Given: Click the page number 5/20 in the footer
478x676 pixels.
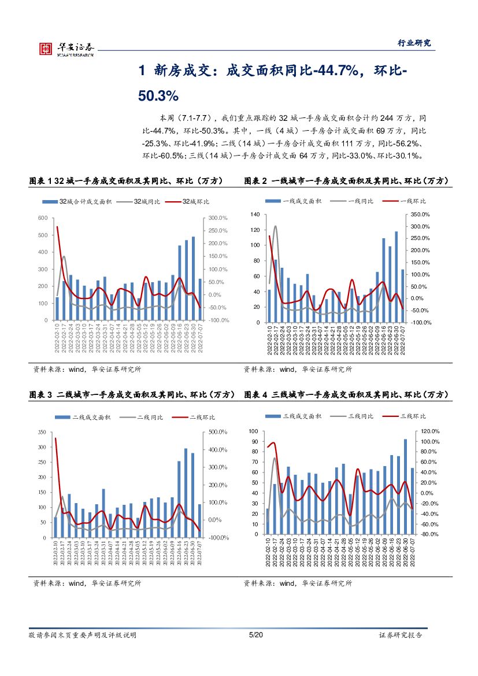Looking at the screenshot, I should pyautogui.click(x=255, y=635).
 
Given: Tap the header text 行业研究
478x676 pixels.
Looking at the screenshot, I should pyautogui.click(x=415, y=43).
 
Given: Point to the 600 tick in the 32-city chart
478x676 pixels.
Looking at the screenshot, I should pyautogui.click(x=43, y=218).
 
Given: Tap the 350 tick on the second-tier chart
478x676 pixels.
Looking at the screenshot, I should pyautogui.click(x=41, y=433).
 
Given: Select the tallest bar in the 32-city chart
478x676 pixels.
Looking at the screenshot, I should pyautogui.click(x=193, y=278).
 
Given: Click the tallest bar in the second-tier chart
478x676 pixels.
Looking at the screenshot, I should pyautogui.click(x=186, y=493).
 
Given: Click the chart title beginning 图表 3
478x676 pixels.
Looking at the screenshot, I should pyautogui.click(x=132, y=395).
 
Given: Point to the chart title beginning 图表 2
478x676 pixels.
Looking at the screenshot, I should pyautogui.click(x=346, y=181).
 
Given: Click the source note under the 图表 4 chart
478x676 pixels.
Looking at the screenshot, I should pyautogui.click(x=298, y=584).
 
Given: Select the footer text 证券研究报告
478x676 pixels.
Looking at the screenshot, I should pyautogui.click(x=401, y=635).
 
